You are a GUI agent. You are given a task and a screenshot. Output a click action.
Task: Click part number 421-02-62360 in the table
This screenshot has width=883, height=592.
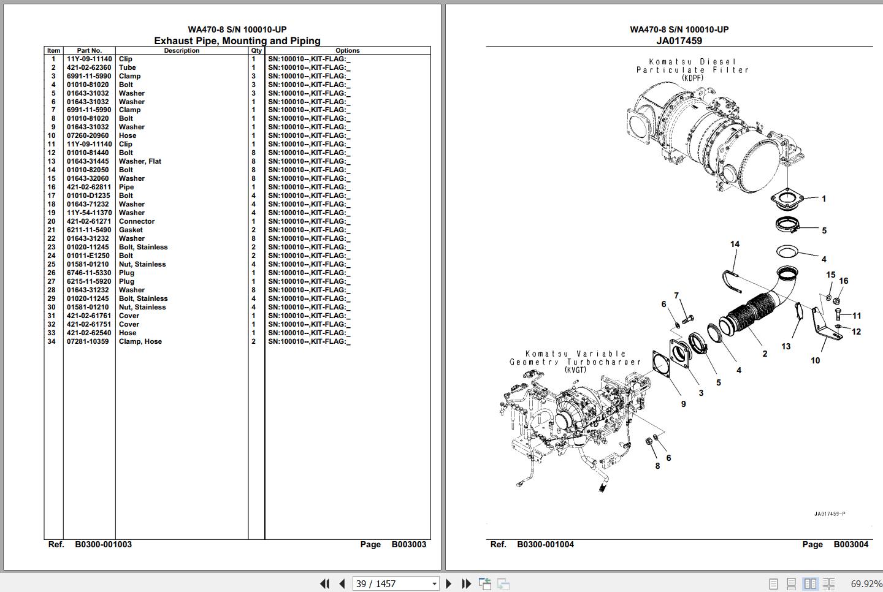[x=89, y=67]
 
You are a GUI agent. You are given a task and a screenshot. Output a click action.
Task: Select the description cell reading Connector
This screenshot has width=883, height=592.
[x=136, y=221]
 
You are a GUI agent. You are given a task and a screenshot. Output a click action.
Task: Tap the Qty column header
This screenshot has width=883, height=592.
[x=256, y=50]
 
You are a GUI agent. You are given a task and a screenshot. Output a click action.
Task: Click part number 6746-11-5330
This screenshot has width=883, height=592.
[x=89, y=273]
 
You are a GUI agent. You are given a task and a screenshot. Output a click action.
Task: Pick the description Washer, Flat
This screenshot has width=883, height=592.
[x=140, y=161]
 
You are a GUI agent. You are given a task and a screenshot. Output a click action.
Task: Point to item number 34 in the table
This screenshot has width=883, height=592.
[x=52, y=341]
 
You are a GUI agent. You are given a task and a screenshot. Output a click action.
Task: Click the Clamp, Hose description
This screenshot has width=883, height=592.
[x=140, y=341]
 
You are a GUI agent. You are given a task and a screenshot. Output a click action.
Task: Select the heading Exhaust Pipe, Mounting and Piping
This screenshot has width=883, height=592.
[x=237, y=40]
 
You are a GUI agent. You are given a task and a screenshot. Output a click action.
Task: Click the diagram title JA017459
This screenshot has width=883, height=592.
[x=679, y=40]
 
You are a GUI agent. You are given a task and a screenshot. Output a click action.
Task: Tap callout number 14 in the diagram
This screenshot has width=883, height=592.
[x=735, y=244]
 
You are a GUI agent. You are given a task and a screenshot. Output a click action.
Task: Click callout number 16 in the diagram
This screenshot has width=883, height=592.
[x=843, y=281]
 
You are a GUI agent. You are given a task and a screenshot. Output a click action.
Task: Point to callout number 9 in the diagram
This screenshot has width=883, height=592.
[x=684, y=404]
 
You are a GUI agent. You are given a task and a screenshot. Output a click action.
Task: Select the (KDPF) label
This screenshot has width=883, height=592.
[x=693, y=78]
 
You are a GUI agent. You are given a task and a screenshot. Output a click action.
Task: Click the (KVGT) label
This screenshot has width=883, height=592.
[x=576, y=370]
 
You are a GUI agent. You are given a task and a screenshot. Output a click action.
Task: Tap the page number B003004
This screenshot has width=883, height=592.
[x=851, y=544]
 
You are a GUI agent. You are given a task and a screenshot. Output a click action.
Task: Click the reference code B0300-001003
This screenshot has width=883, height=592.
[x=103, y=544]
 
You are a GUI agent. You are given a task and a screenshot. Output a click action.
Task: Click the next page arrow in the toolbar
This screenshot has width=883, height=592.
[x=449, y=583]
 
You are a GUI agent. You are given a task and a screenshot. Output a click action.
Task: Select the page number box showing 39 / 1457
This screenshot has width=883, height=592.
[x=396, y=583]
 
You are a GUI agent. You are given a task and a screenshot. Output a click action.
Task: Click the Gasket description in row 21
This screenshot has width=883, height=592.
[x=131, y=230]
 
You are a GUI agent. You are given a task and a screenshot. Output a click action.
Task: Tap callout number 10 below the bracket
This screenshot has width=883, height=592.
[x=815, y=360]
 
